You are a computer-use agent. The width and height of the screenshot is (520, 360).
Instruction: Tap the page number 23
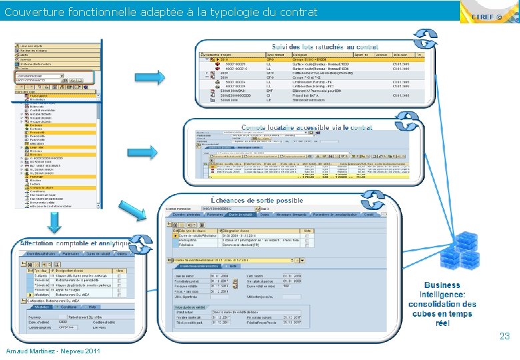(505, 337)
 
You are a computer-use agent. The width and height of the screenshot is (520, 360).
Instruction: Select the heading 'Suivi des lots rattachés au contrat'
(325, 47)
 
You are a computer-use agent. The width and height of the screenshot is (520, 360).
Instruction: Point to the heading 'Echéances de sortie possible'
(257, 200)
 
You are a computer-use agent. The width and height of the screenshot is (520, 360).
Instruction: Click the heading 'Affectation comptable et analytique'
(74, 244)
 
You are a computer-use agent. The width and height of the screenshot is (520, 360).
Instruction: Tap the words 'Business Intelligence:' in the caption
(442, 289)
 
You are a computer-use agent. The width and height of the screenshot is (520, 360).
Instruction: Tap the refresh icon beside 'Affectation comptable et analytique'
(141, 245)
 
